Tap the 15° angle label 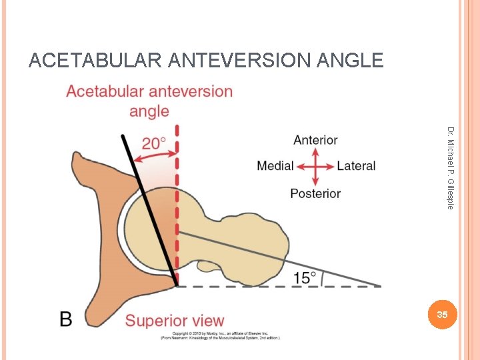305,277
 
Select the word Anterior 315,141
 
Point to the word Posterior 315,193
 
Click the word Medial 275,166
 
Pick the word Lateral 356,166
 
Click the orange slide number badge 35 441,314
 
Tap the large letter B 66,319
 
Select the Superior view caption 175,321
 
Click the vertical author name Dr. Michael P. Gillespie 451,168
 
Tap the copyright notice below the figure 219,335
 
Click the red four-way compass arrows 315,167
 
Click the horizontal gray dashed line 280,286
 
